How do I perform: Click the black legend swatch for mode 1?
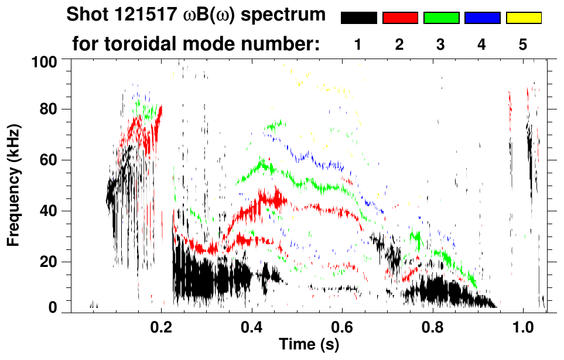pos(358,18)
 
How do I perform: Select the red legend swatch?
pos(400,18)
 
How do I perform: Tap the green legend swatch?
pos(441,18)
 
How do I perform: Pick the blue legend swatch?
pos(482,18)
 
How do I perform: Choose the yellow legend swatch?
pos(524,18)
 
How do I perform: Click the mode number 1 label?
pos(358,44)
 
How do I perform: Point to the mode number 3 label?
pos(440,44)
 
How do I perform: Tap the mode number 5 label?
pos(523,44)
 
